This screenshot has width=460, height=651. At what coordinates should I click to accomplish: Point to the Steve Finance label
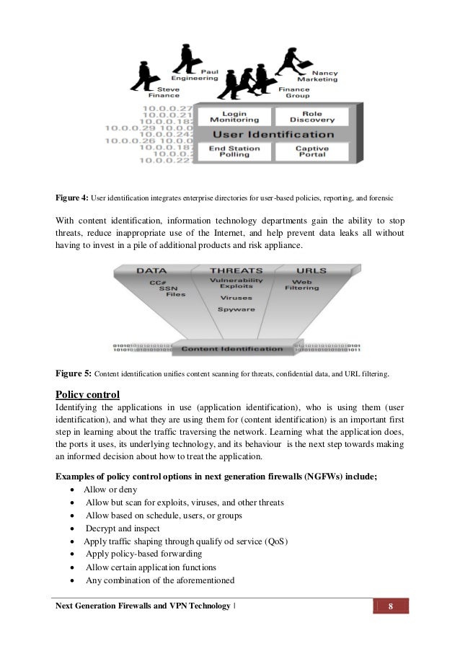164,91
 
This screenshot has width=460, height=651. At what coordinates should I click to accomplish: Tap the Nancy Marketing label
324,76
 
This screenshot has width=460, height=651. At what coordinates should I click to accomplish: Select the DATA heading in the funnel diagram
151,270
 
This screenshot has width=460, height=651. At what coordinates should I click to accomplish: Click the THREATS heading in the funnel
236,270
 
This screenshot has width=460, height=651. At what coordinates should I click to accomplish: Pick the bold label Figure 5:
74,374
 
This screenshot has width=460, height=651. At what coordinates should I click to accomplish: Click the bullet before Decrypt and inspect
76,528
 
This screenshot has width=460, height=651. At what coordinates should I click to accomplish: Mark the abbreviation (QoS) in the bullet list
272,541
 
